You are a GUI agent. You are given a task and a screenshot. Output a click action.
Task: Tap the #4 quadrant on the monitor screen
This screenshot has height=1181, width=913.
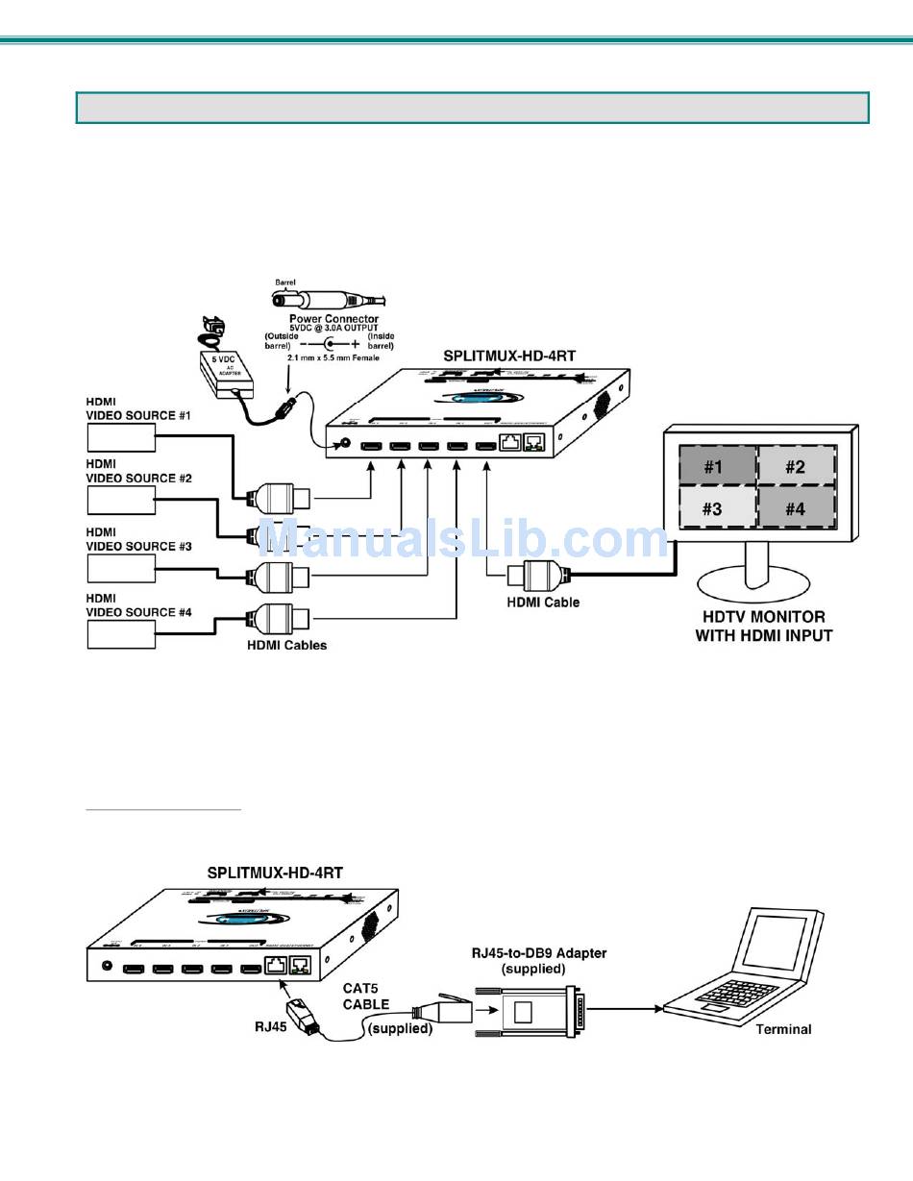[795, 508]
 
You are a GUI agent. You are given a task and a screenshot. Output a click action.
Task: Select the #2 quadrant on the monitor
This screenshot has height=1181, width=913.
[795, 467]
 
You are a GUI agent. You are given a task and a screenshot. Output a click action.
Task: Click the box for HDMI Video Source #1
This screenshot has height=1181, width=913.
[121, 437]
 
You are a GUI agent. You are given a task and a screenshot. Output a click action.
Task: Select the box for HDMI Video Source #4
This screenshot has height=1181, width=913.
[121, 634]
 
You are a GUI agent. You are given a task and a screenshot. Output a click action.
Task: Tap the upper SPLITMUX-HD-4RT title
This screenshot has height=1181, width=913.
[508, 355]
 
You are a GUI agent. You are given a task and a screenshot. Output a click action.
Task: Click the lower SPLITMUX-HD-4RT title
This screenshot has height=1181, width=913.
[275, 873]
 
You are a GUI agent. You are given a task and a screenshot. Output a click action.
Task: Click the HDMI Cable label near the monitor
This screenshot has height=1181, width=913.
[543, 603]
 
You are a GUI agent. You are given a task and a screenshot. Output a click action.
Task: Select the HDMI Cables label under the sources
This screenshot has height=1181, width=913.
[285, 645]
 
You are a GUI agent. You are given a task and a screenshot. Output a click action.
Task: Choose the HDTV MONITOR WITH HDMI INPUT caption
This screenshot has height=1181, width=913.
[763, 626]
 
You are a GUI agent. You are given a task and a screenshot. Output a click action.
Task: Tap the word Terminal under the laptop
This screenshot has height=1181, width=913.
[782, 1029]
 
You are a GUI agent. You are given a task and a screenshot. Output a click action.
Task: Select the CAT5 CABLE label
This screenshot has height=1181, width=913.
[366, 996]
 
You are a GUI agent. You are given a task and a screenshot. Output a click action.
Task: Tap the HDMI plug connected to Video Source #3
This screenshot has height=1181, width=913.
[280, 577]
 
